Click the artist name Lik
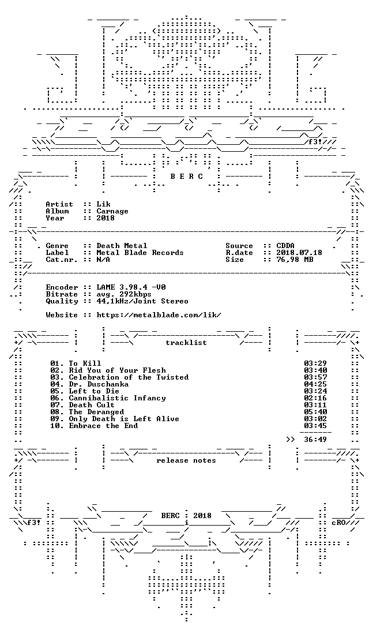point(103,204)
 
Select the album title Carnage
point(112,211)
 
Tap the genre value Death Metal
point(122,246)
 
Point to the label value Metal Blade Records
point(140,252)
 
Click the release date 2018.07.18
point(299,252)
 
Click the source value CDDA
point(285,246)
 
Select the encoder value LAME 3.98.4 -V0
point(131,287)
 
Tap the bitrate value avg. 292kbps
point(124,294)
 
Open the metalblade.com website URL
point(159,314)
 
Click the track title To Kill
point(85,363)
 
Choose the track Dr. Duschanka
point(99,384)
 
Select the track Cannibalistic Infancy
point(117,397)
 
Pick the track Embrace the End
point(103,426)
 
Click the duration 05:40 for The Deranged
point(315,411)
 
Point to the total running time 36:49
point(315,439)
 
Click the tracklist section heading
point(186,342)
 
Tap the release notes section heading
point(186,460)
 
